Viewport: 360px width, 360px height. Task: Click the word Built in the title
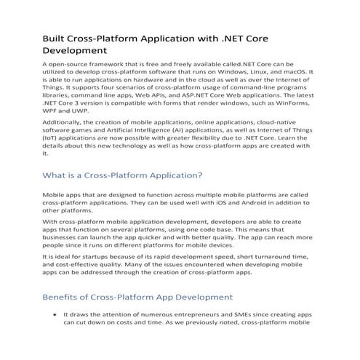click(x=55, y=37)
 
